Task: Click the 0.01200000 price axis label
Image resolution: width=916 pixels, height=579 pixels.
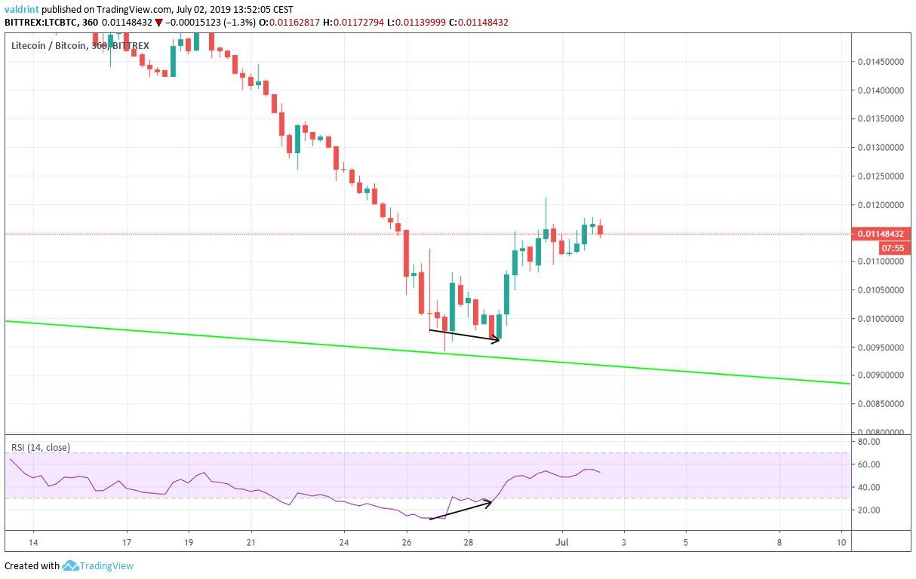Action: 881,205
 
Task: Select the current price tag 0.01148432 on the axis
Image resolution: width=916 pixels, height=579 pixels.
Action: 881,234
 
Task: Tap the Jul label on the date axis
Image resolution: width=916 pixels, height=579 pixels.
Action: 561,541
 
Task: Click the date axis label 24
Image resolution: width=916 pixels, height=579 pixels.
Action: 344,541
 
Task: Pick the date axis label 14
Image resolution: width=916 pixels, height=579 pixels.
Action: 33,541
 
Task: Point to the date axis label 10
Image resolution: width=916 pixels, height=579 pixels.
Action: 841,541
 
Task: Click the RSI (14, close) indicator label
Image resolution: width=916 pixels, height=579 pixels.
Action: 41,448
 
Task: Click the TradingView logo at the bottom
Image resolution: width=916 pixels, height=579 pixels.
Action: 98,566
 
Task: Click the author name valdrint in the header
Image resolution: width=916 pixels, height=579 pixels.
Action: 22,10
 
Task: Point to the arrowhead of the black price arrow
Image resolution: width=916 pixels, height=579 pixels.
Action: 499,341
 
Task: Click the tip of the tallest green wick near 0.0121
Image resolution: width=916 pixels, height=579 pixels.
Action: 545,198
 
